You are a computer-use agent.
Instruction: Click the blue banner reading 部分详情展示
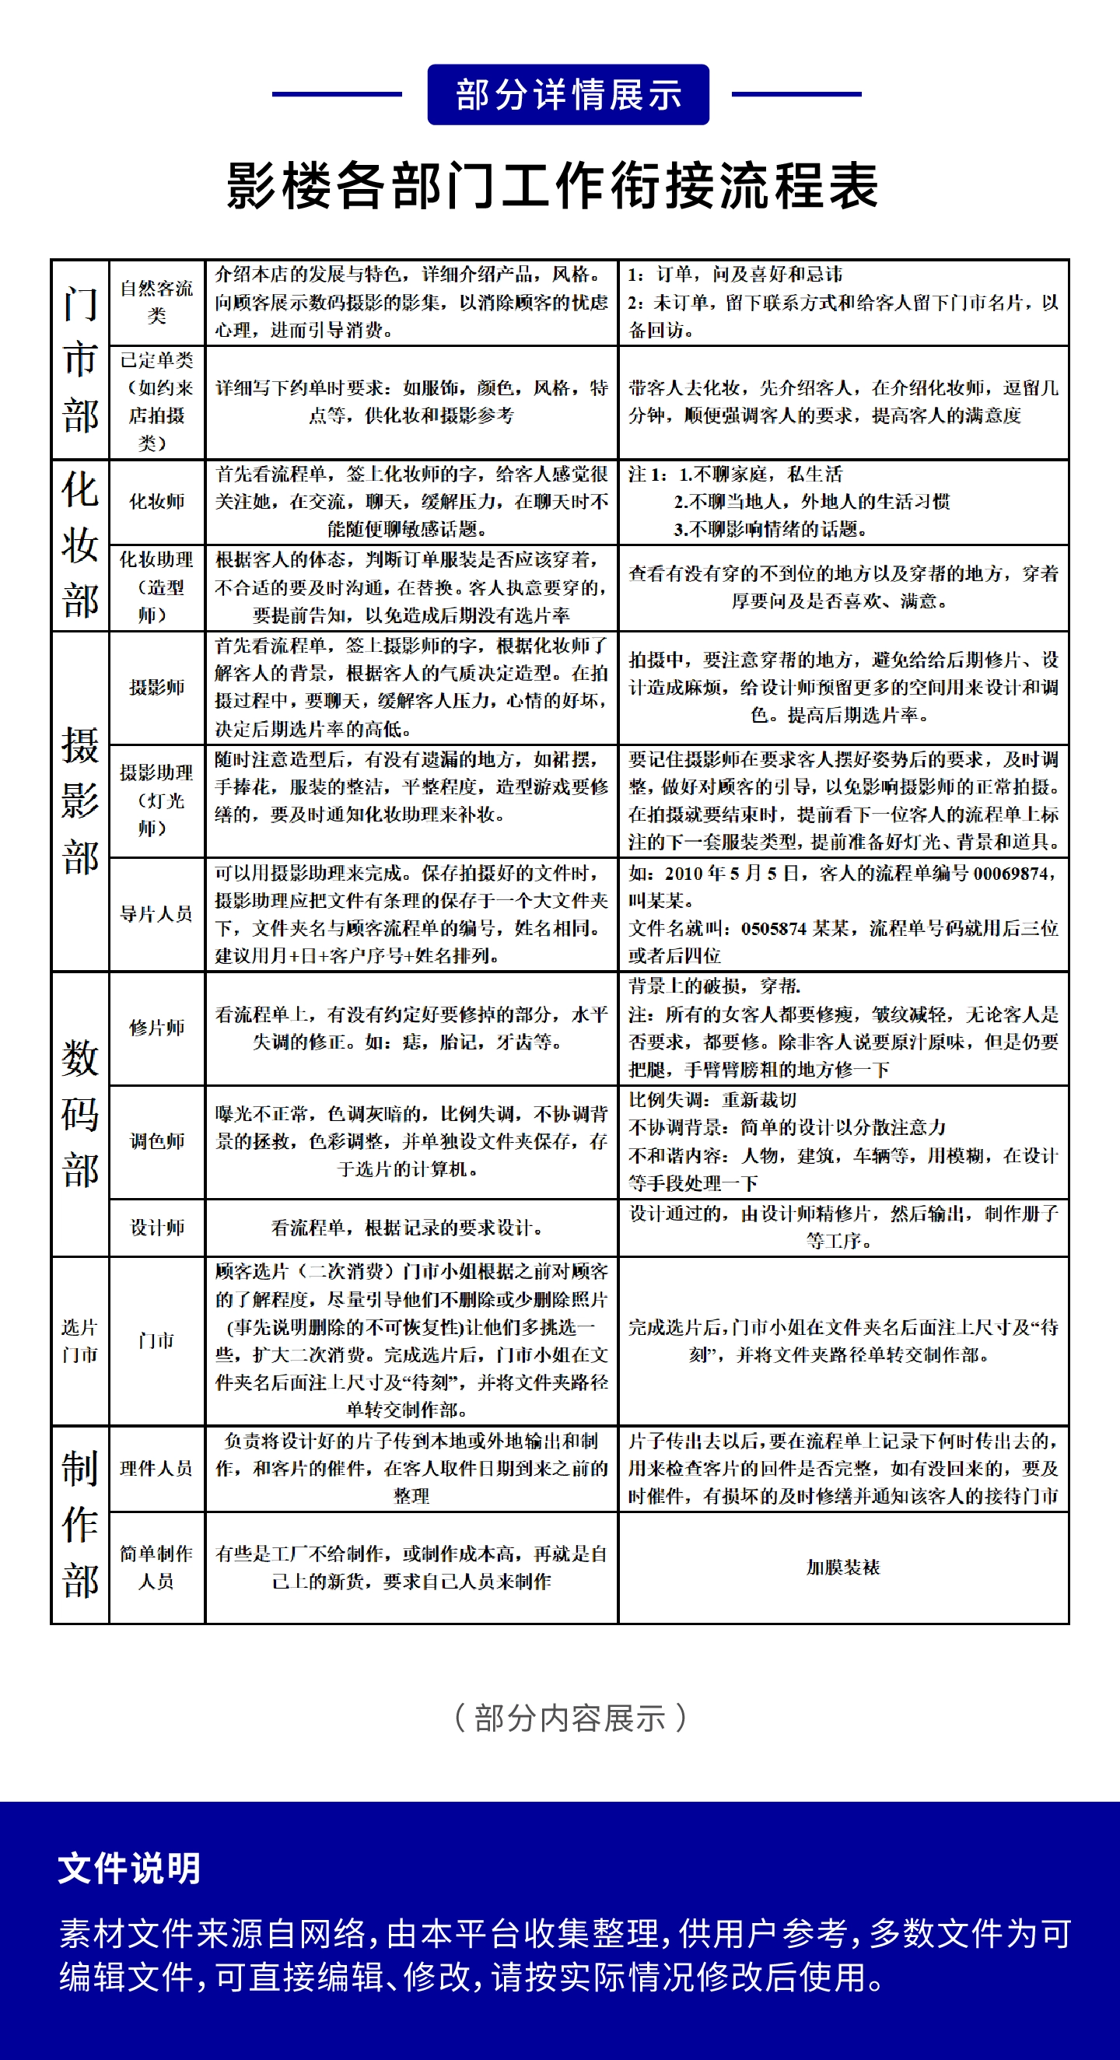568,94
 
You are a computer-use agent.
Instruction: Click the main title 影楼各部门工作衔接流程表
553,185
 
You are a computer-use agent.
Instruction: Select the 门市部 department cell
80,360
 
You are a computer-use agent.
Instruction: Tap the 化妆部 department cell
80,545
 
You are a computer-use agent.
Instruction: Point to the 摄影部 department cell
80,801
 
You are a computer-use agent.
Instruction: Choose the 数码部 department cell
80,1114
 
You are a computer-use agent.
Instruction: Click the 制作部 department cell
80,1524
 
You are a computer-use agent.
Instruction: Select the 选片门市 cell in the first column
80,1340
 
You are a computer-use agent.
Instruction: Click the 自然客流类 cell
156,303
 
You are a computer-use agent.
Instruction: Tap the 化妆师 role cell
156,502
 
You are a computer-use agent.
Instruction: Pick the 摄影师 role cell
156,687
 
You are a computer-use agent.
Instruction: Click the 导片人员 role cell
156,914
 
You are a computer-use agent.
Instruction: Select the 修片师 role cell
156,1028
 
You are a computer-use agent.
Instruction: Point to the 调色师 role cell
156,1141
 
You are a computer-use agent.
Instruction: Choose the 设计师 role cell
156,1228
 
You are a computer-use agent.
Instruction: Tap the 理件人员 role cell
156,1468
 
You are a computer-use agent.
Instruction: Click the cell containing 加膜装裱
843,1568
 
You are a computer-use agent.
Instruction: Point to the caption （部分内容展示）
569,1718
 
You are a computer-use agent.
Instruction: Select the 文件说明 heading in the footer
130,1869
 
